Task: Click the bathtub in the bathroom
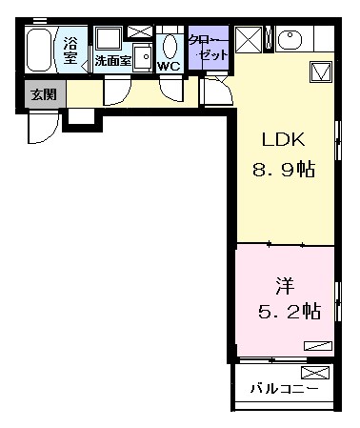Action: coord(39,50)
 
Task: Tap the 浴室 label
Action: coord(70,51)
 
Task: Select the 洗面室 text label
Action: coord(113,60)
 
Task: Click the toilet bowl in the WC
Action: coord(170,46)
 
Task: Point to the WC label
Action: coord(169,67)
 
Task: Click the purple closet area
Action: coord(209,48)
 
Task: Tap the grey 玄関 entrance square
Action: coord(44,94)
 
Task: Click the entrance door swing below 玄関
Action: coord(44,126)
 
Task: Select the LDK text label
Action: coord(283,139)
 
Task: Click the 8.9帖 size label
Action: coord(284,169)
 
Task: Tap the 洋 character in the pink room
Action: coord(285,286)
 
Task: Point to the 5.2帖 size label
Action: coord(290,312)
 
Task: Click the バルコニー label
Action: coord(284,388)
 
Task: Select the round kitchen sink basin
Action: coord(290,39)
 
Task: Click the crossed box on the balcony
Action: coord(315,372)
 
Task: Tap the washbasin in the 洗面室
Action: coord(143,57)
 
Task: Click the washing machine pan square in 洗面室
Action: coord(109,38)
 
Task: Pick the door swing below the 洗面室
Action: coord(117,91)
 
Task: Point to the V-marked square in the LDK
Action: coord(321,72)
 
